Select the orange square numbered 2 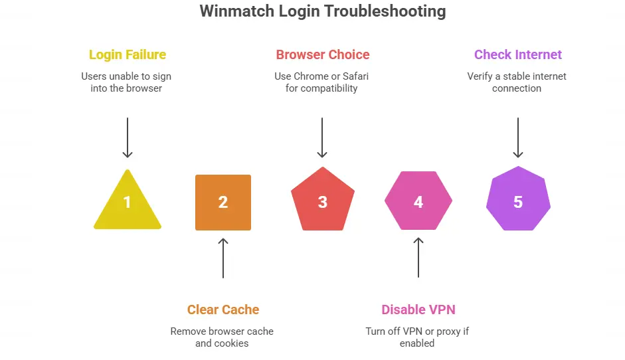pyautogui.click(x=223, y=203)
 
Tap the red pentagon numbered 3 pyautogui.click(x=322, y=202)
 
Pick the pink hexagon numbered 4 pyautogui.click(x=418, y=202)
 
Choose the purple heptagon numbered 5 pyautogui.click(x=518, y=202)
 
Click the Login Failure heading pyautogui.click(x=127, y=54)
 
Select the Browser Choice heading pyautogui.click(x=323, y=54)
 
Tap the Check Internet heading pyautogui.click(x=518, y=54)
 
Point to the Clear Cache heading pyautogui.click(x=223, y=310)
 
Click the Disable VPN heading pyautogui.click(x=418, y=310)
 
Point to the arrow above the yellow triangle pyautogui.click(x=127, y=138)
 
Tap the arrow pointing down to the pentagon pyautogui.click(x=322, y=138)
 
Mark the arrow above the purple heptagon pyautogui.click(x=518, y=138)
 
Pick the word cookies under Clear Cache pyautogui.click(x=231, y=343)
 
